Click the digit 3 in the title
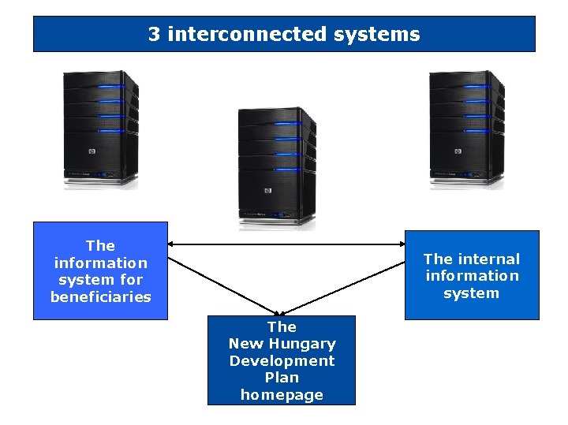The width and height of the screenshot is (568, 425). pos(155,35)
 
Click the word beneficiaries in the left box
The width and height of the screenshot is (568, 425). pos(100,297)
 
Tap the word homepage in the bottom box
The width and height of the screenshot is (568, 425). pos(282,395)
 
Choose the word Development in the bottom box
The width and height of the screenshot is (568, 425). pos(282,361)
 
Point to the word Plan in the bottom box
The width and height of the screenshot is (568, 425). pos(282,378)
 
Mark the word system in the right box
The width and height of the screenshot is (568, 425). pos(472,293)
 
